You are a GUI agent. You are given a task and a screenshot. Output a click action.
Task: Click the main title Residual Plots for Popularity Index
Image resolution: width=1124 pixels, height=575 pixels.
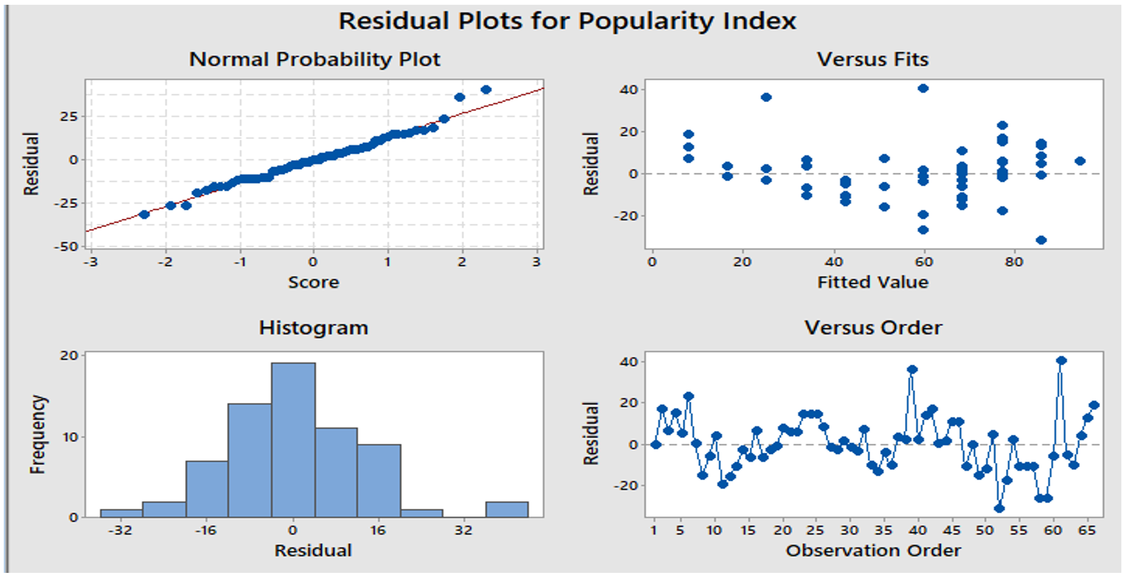tap(567, 21)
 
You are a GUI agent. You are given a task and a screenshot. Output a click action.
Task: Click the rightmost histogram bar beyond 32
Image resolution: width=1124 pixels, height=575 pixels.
tap(507, 509)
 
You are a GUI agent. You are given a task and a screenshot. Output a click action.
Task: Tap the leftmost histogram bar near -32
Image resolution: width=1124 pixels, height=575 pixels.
tap(121, 513)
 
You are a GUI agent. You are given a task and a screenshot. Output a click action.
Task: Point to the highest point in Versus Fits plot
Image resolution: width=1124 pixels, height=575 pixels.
tap(923, 88)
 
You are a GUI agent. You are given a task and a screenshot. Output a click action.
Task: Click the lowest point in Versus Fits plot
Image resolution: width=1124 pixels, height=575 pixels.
tap(1041, 240)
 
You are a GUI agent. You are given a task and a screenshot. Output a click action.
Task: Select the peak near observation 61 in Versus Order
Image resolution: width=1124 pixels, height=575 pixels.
tap(1061, 361)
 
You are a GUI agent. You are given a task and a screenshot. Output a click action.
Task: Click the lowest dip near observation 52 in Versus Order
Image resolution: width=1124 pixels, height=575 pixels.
tap(999, 509)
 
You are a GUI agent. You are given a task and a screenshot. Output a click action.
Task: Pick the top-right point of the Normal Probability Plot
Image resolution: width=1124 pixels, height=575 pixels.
tap(486, 89)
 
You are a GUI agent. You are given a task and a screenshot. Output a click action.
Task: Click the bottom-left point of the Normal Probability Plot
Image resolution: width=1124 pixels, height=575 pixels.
tap(144, 214)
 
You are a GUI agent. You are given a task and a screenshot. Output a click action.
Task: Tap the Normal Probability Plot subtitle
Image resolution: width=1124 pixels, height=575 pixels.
tap(315, 59)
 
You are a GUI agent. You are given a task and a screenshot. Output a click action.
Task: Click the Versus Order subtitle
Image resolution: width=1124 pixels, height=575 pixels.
tap(873, 327)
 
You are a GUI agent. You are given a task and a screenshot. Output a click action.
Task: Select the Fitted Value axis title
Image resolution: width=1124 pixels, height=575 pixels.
tap(873, 282)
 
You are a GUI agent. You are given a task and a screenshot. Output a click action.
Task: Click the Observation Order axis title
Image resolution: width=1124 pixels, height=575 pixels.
tap(873, 551)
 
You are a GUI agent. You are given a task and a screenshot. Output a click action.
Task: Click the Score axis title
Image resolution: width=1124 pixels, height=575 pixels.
tap(313, 282)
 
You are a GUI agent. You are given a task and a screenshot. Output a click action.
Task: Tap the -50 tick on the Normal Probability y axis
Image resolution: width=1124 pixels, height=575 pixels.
tap(66, 247)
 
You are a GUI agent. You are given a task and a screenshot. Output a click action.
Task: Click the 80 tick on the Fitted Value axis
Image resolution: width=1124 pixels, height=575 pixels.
tap(1014, 262)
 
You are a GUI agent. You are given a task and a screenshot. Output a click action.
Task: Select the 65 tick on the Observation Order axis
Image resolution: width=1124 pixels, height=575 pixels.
tap(1087, 530)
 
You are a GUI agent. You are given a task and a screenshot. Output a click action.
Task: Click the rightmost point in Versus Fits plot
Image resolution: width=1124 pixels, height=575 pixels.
tap(1080, 161)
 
